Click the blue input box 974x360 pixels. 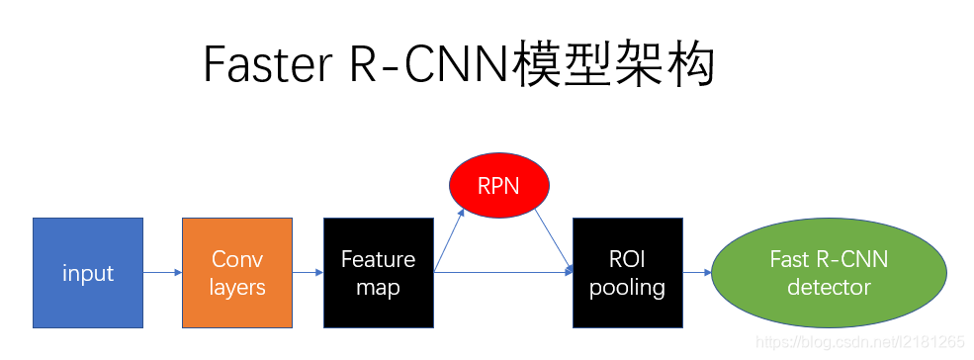coord(88,273)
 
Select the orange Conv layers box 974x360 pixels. coord(237,273)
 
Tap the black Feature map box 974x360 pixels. coord(378,273)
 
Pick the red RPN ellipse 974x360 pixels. coord(498,186)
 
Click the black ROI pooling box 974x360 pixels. coord(627,273)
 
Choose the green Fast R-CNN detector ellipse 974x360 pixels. coord(829,273)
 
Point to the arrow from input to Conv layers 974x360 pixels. coord(162,272)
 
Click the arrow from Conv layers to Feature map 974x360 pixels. coord(308,272)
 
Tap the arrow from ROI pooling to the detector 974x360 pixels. coord(696,272)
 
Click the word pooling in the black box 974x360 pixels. coord(627,288)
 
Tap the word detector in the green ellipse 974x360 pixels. coord(829,288)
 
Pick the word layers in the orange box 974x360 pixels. coord(237,288)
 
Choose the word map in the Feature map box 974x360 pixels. coord(378,288)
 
